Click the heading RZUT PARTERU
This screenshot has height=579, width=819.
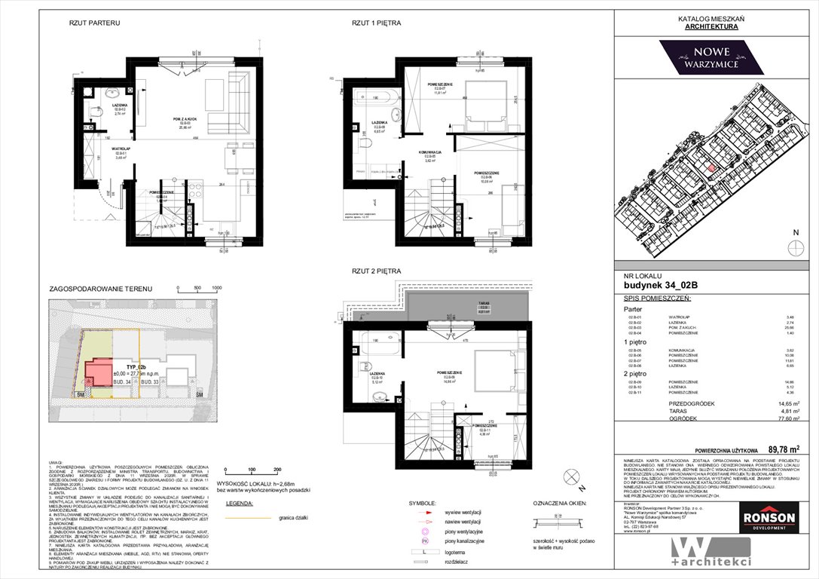(x=94, y=23)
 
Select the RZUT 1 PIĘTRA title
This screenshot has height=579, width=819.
(x=376, y=23)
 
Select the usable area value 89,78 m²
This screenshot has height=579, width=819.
(x=781, y=450)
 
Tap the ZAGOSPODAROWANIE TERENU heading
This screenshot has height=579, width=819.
(x=100, y=289)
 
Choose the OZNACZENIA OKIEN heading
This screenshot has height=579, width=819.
(x=561, y=503)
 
